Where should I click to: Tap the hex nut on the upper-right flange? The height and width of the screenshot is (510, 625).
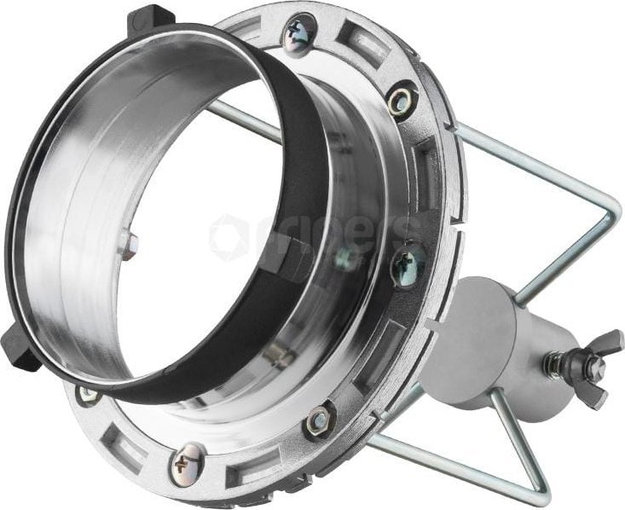point(402,100)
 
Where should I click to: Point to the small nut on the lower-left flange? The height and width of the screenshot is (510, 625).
point(88,393)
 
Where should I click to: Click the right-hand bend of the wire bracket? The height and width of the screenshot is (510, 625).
point(603,223)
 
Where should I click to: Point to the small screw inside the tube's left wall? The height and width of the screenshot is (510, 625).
point(127,244)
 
